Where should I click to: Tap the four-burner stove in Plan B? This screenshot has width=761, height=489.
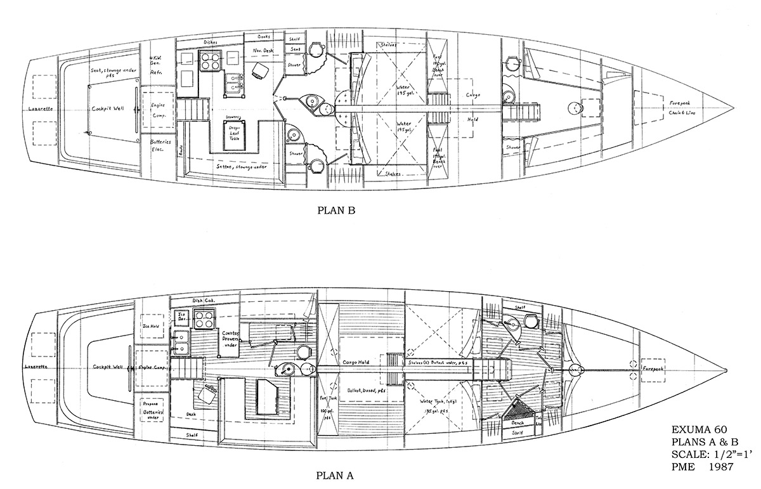click(209, 61)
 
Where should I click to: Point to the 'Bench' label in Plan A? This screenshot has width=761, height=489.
click(519, 421)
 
